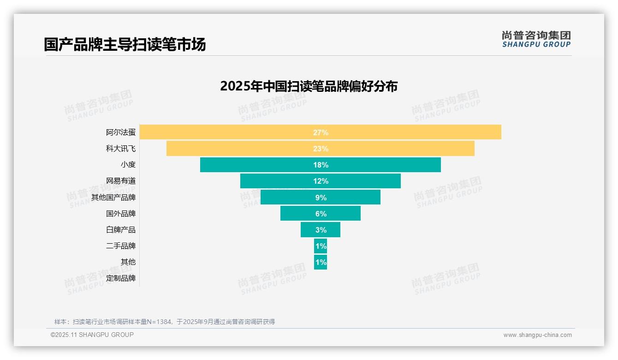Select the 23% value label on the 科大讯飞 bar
(x=321, y=149)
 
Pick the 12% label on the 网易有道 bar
(x=321, y=181)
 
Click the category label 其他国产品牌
(x=113, y=198)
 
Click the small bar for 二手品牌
(x=321, y=246)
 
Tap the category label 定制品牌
(x=121, y=278)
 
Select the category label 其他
(x=128, y=262)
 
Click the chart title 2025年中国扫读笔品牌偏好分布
(x=309, y=86)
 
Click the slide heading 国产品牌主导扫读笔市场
(x=125, y=44)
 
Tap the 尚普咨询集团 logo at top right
(x=536, y=39)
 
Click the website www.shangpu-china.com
(x=537, y=335)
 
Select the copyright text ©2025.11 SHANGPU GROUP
(x=92, y=335)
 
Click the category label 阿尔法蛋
(x=121, y=132)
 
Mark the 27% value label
(x=321, y=132)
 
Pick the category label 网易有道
(x=121, y=181)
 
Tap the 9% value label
(x=321, y=198)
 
